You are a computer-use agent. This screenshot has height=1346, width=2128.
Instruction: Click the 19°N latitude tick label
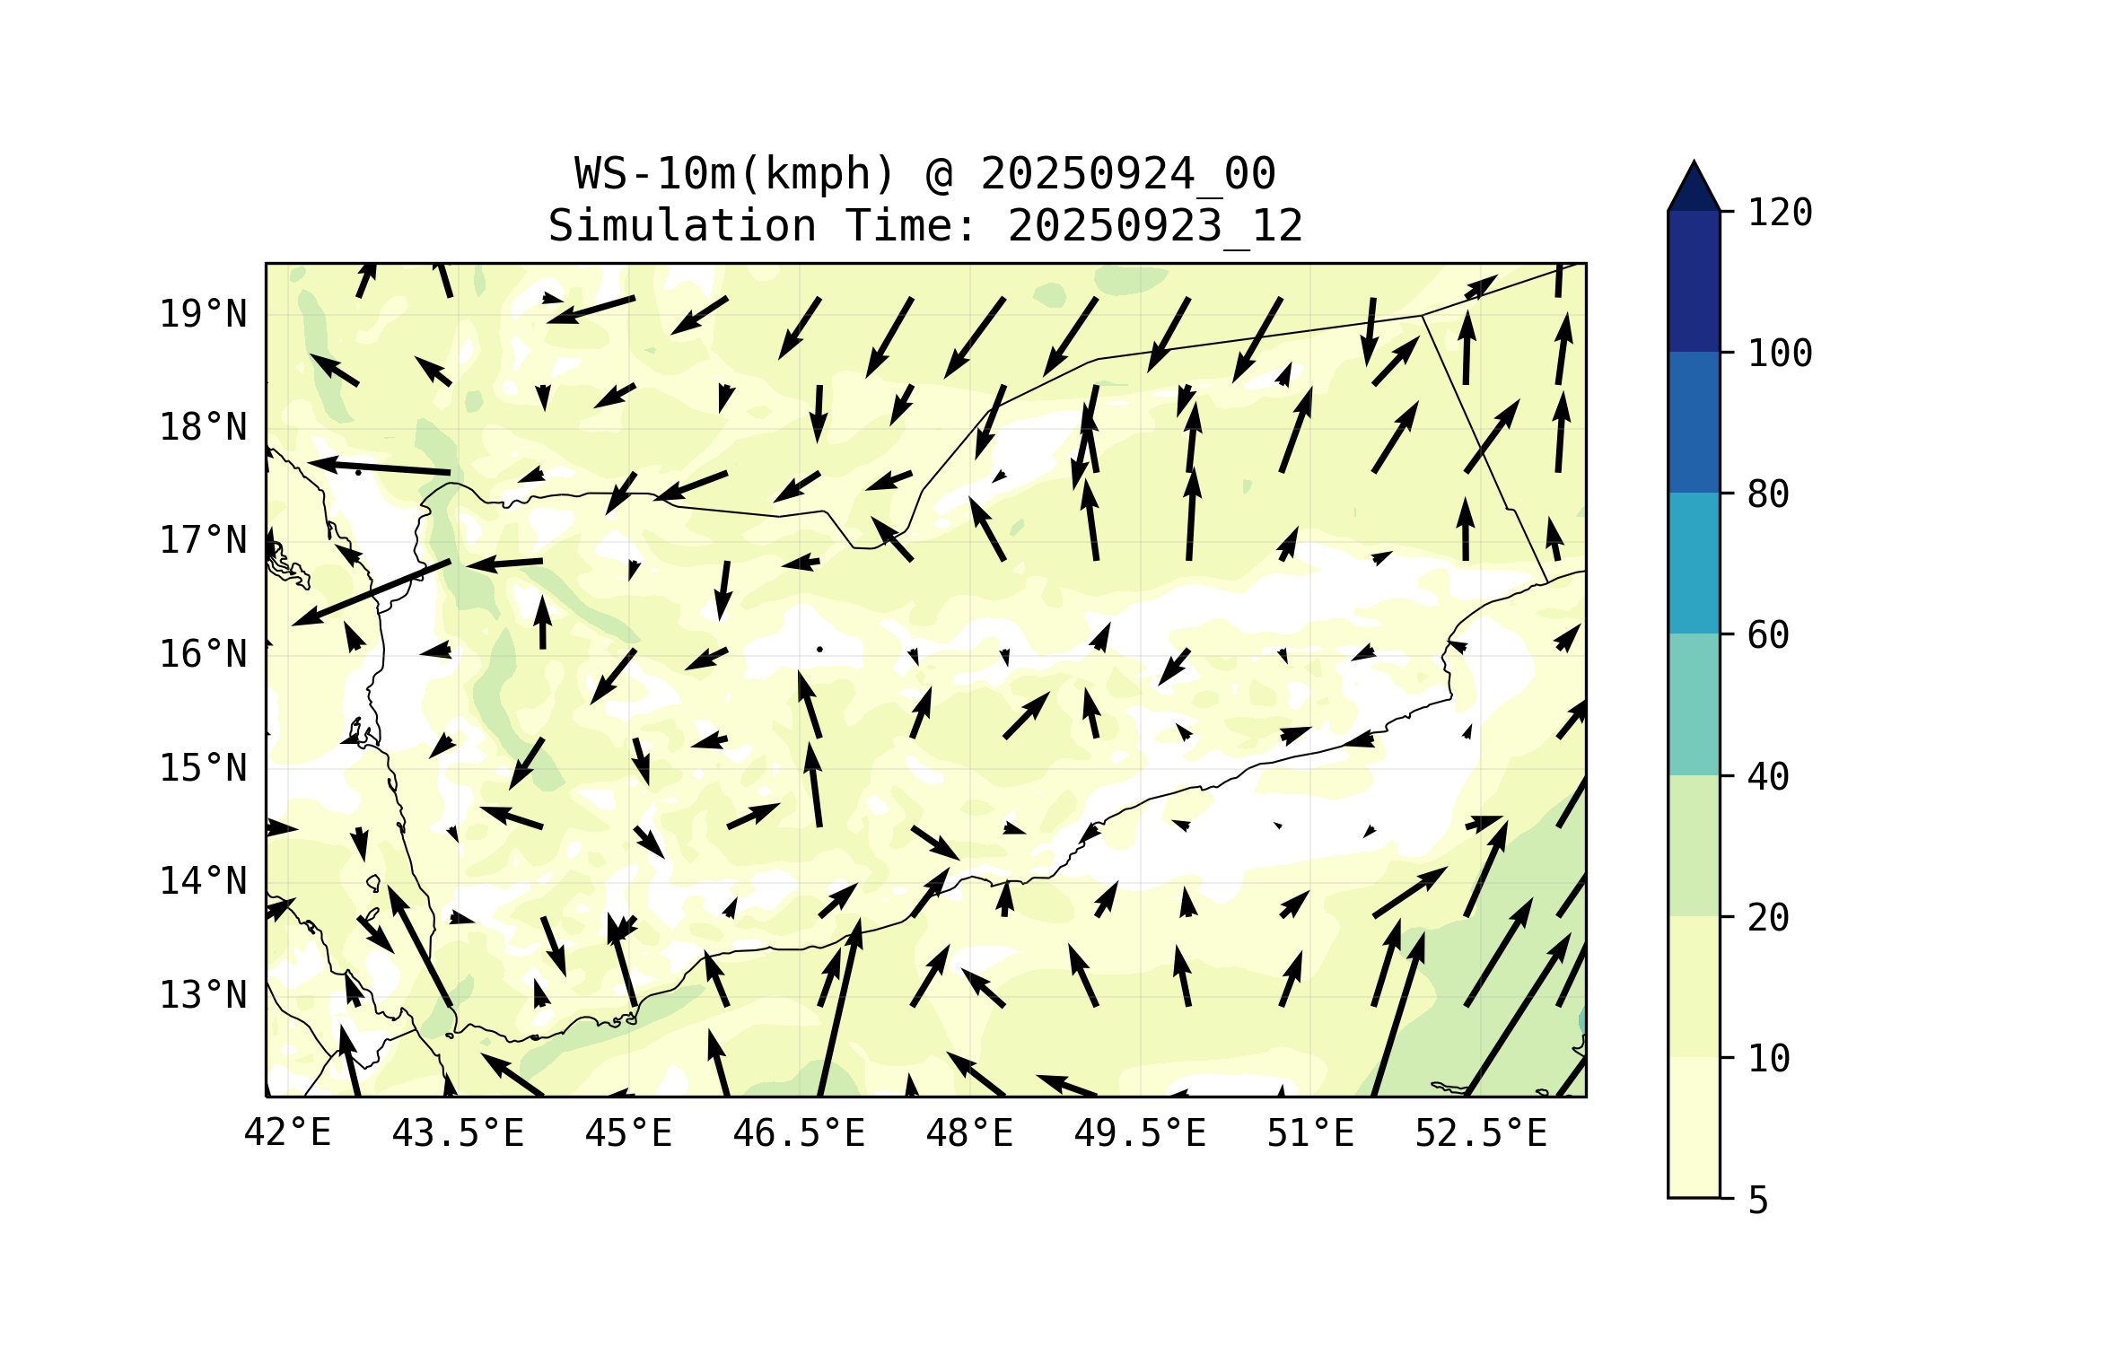203,314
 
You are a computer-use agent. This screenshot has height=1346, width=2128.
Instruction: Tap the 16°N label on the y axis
203,654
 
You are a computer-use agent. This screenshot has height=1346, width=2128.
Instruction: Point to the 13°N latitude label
203,994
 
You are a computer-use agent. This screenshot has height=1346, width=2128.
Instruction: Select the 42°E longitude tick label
287,1133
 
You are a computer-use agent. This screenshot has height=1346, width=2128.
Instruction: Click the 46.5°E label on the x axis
799,1133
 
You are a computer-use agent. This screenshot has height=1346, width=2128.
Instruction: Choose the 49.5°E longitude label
1140,1133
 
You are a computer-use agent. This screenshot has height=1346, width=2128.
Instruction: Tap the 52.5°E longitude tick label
1481,1133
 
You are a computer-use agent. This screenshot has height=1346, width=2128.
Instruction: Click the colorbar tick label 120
1780,213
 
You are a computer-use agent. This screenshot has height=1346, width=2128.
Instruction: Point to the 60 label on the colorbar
1768,635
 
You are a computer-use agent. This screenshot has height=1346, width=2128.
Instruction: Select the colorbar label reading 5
1758,1201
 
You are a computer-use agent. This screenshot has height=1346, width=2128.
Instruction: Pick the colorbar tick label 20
1768,917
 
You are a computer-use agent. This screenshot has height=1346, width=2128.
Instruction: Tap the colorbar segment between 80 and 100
1694,422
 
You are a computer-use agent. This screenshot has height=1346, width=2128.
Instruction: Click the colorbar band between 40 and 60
1694,704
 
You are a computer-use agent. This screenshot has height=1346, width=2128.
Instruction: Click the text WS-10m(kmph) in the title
735,173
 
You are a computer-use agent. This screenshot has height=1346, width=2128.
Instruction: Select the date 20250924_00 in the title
1127,173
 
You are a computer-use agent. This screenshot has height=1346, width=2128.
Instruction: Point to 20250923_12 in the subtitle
1155,225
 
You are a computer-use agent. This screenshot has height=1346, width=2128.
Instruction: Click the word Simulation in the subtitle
682,225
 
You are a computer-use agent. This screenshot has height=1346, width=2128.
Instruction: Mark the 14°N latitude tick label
203,881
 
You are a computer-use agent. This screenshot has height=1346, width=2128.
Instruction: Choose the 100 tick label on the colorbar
1780,354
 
